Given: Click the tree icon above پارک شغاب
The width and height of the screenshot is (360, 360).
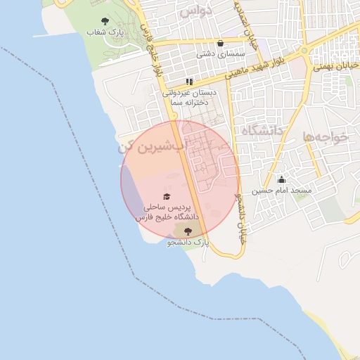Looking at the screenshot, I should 105,22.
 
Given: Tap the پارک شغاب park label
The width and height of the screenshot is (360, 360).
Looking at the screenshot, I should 105,32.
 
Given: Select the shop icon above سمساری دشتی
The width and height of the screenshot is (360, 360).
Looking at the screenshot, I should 221,43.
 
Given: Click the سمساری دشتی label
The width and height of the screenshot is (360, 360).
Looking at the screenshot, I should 221,53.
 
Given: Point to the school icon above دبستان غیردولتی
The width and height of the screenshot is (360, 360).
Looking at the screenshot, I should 189,82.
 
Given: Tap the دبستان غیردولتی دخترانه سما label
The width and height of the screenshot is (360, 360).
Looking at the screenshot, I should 189,97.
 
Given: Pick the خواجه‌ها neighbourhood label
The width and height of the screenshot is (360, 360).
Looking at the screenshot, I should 326,136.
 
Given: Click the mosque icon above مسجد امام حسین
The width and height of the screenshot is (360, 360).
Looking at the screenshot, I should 282,179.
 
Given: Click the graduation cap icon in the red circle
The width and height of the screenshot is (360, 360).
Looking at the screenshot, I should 167,197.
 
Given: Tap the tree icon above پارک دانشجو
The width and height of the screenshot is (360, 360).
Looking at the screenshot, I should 188,231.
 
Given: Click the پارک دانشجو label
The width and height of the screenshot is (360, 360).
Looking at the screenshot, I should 188,242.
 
